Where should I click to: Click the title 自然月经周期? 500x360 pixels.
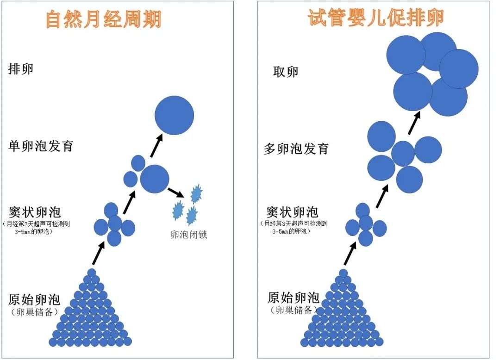pyautogui.click(x=104, y=20)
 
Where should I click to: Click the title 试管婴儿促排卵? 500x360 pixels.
pyautogui.click(x=376, y=19)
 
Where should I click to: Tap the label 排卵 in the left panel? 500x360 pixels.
pyautogui.click(x=21, y=69)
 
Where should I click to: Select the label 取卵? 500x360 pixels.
pyautogui.click(x=286, y=72)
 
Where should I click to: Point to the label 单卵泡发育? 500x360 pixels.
pyautogui.click(x=41, y=146)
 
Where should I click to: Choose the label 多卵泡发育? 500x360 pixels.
pyautogui.click(x=296, y=149)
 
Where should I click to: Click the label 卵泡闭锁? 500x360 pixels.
pyautogui.click(x=188, y=235)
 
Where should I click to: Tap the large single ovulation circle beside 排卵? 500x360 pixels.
pyautogui.click(x=174, y=115)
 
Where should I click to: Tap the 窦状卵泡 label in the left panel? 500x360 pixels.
pyautogui.click(x=35, y=212)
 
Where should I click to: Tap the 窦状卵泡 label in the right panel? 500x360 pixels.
pyautogui.click(x=292, y=212)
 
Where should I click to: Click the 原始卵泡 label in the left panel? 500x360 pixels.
pyautogui.click(x=34, y=299)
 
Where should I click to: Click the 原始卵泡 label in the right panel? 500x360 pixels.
pyautogui.click(x=293, y=297)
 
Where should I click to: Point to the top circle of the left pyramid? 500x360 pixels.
pyautogui.click(x=92, y=273)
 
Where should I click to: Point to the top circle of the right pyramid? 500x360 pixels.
pyautogui.click(x=343, y=273)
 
